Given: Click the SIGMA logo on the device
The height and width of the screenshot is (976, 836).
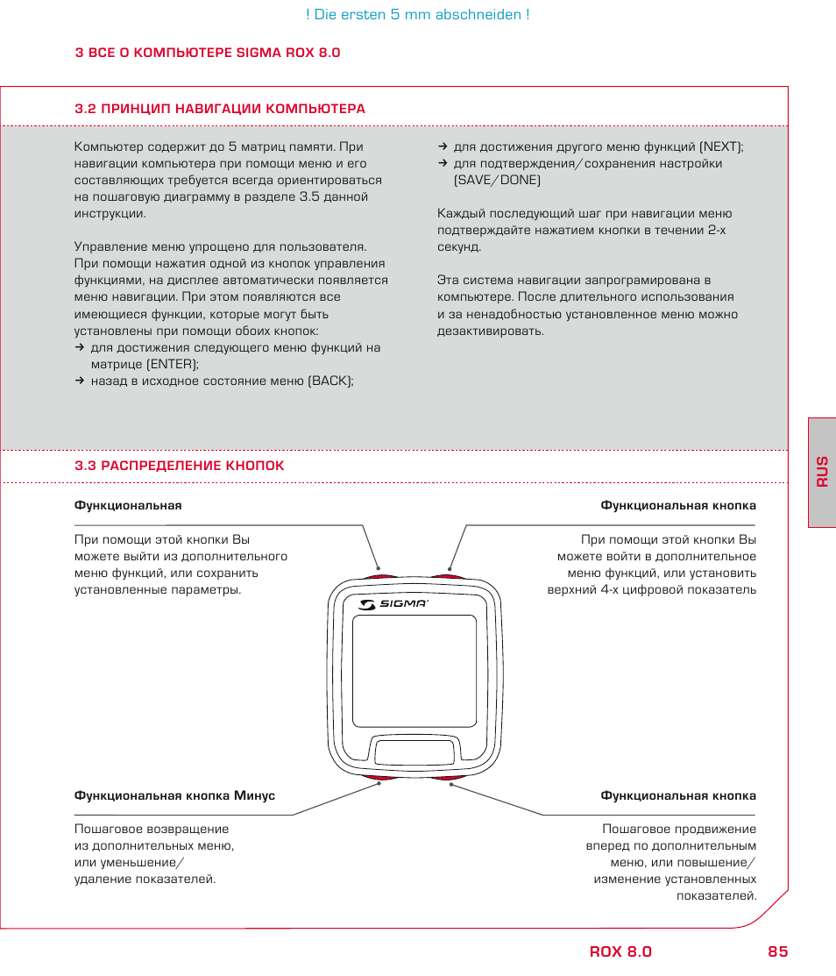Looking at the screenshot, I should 393,603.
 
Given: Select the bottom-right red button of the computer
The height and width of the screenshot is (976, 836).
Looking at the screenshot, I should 448,777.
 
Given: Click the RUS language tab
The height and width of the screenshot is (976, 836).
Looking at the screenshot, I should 821,472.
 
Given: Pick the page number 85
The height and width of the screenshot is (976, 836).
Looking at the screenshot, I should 776,952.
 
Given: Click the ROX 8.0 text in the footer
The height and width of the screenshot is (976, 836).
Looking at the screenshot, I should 620,952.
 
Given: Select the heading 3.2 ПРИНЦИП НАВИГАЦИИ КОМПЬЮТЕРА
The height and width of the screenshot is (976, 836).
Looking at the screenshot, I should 220,109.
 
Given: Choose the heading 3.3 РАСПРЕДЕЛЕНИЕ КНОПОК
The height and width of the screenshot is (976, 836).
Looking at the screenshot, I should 180,466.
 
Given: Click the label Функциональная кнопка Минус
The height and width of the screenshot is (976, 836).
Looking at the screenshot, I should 174,795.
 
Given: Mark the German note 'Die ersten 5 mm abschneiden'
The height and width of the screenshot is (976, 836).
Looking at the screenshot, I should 417,15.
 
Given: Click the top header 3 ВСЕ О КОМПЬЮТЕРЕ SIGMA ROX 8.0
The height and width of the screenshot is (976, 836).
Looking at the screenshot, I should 208,53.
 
